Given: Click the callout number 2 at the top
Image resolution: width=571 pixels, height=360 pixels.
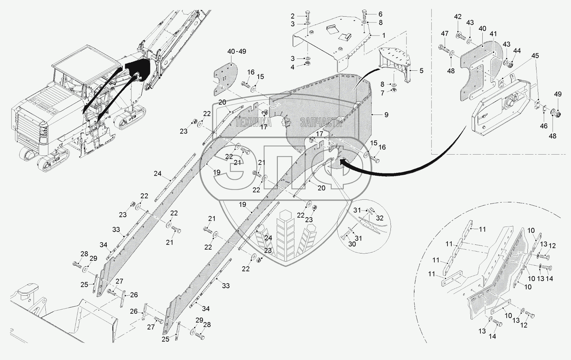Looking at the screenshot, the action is (x=293, y=16).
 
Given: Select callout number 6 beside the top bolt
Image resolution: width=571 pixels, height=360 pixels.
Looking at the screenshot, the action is (x=380, y=14).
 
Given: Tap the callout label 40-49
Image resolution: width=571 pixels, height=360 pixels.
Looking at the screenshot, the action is (x=237, y=52).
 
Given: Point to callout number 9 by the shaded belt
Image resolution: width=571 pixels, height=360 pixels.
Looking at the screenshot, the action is (x=386, y=115).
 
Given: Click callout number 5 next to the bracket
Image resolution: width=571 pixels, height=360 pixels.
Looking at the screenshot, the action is (x=422, y=71).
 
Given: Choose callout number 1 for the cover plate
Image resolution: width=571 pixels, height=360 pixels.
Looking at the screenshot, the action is (x=383, y=36).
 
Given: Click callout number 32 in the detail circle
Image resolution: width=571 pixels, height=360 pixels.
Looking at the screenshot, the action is (x=380, y=218).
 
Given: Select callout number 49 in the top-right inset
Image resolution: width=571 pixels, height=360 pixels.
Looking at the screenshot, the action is (x=558, y=94).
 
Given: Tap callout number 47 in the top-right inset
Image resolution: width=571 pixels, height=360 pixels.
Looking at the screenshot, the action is (x=445, y=34).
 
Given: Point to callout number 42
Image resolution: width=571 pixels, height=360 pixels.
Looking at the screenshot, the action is (x=458, y=17).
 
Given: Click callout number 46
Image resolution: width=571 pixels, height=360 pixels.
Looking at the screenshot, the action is (x=544, y=126).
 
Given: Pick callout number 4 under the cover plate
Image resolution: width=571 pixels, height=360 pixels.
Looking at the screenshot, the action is (x=293, y=67).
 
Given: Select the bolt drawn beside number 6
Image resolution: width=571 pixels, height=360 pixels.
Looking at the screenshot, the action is (x=365, y=15).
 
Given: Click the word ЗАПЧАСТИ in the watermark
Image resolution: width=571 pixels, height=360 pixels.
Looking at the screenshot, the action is (x=321, y=122).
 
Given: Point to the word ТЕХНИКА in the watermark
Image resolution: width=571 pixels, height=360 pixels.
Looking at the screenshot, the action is (x=253, y=122).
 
